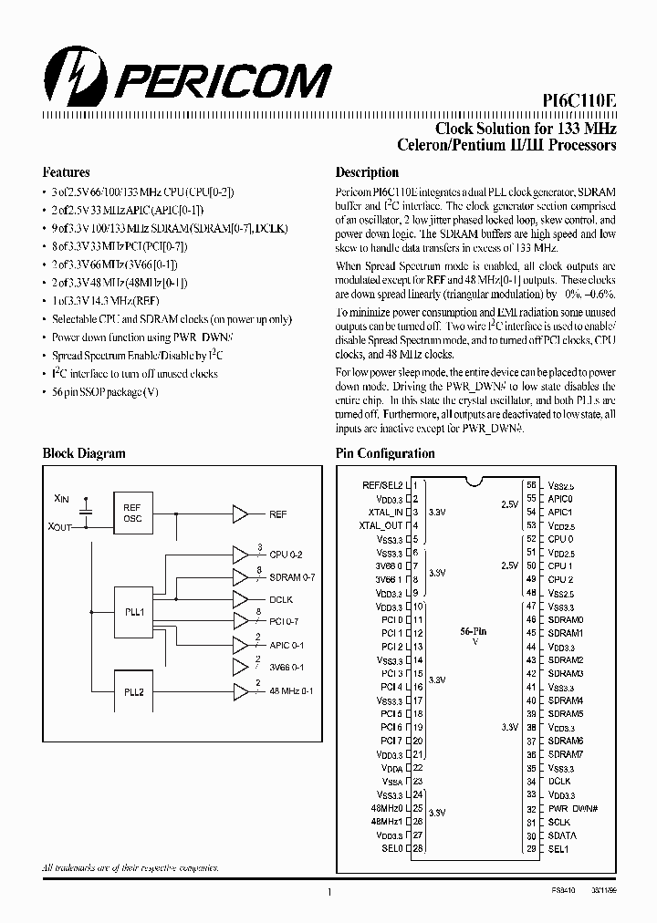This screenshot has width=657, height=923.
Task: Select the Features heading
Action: point(66,171)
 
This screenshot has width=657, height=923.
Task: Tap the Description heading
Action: point(367,171)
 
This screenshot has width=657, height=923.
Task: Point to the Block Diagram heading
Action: point(84,453)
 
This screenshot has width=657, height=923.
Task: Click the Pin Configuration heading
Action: point(385,453)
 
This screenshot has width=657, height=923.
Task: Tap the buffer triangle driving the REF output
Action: point(240,514)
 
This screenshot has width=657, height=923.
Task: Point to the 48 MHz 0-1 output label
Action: point(291,690)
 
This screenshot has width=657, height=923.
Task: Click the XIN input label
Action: point(61,499)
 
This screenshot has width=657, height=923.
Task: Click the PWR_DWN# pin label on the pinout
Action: point(573,808)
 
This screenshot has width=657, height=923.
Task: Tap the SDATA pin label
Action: point(562,835)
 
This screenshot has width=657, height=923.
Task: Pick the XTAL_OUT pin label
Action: point(382,525)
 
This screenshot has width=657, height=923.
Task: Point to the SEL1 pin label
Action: point(558,848)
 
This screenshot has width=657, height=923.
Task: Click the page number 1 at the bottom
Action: point(328,895)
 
